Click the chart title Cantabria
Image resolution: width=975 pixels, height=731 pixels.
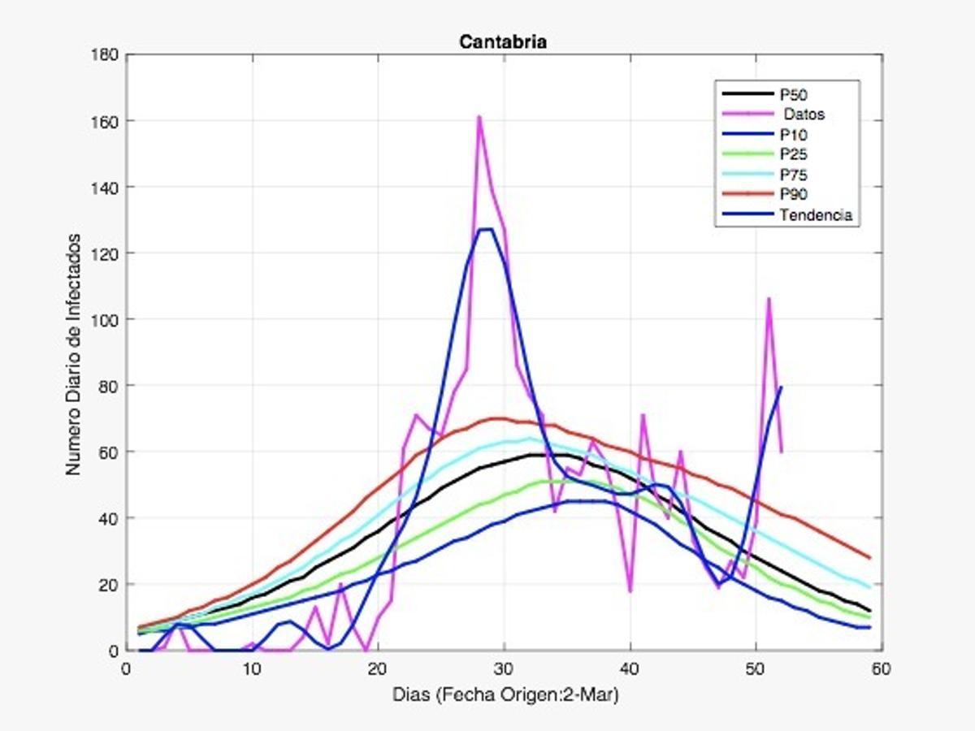pyautogui.click(x=503, y=41)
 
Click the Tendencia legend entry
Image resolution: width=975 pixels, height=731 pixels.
pyautogui.click(x=813, y=215)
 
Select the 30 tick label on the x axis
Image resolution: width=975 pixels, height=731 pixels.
pyautogui.click(x=505, y=668)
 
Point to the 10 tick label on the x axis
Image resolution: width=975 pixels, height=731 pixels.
pyautogui.click(x=253, y=668)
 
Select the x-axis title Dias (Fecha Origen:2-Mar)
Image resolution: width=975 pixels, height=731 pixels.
pyautogui.click(x=504, y=695)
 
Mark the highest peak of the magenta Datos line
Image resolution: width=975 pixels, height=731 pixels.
pyautogui.click(x=479, y=117)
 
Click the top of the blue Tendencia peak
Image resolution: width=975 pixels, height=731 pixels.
pyautogui.click(x=486, y=229)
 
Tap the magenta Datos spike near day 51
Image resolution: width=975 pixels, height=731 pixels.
pyautogui.click(x=769, y=299)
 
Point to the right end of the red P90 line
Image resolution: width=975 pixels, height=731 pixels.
pyautogui.click(x=869, y=558)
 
